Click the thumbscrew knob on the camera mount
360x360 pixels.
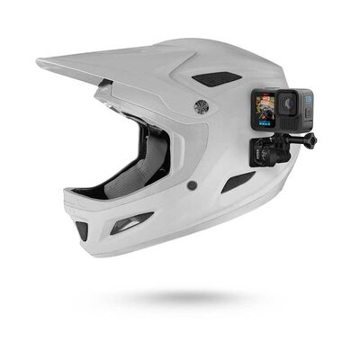point(310,139)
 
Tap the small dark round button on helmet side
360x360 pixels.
point(192,185)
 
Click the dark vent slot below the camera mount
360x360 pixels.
point(238,182)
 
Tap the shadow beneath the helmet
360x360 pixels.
point(180,298)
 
